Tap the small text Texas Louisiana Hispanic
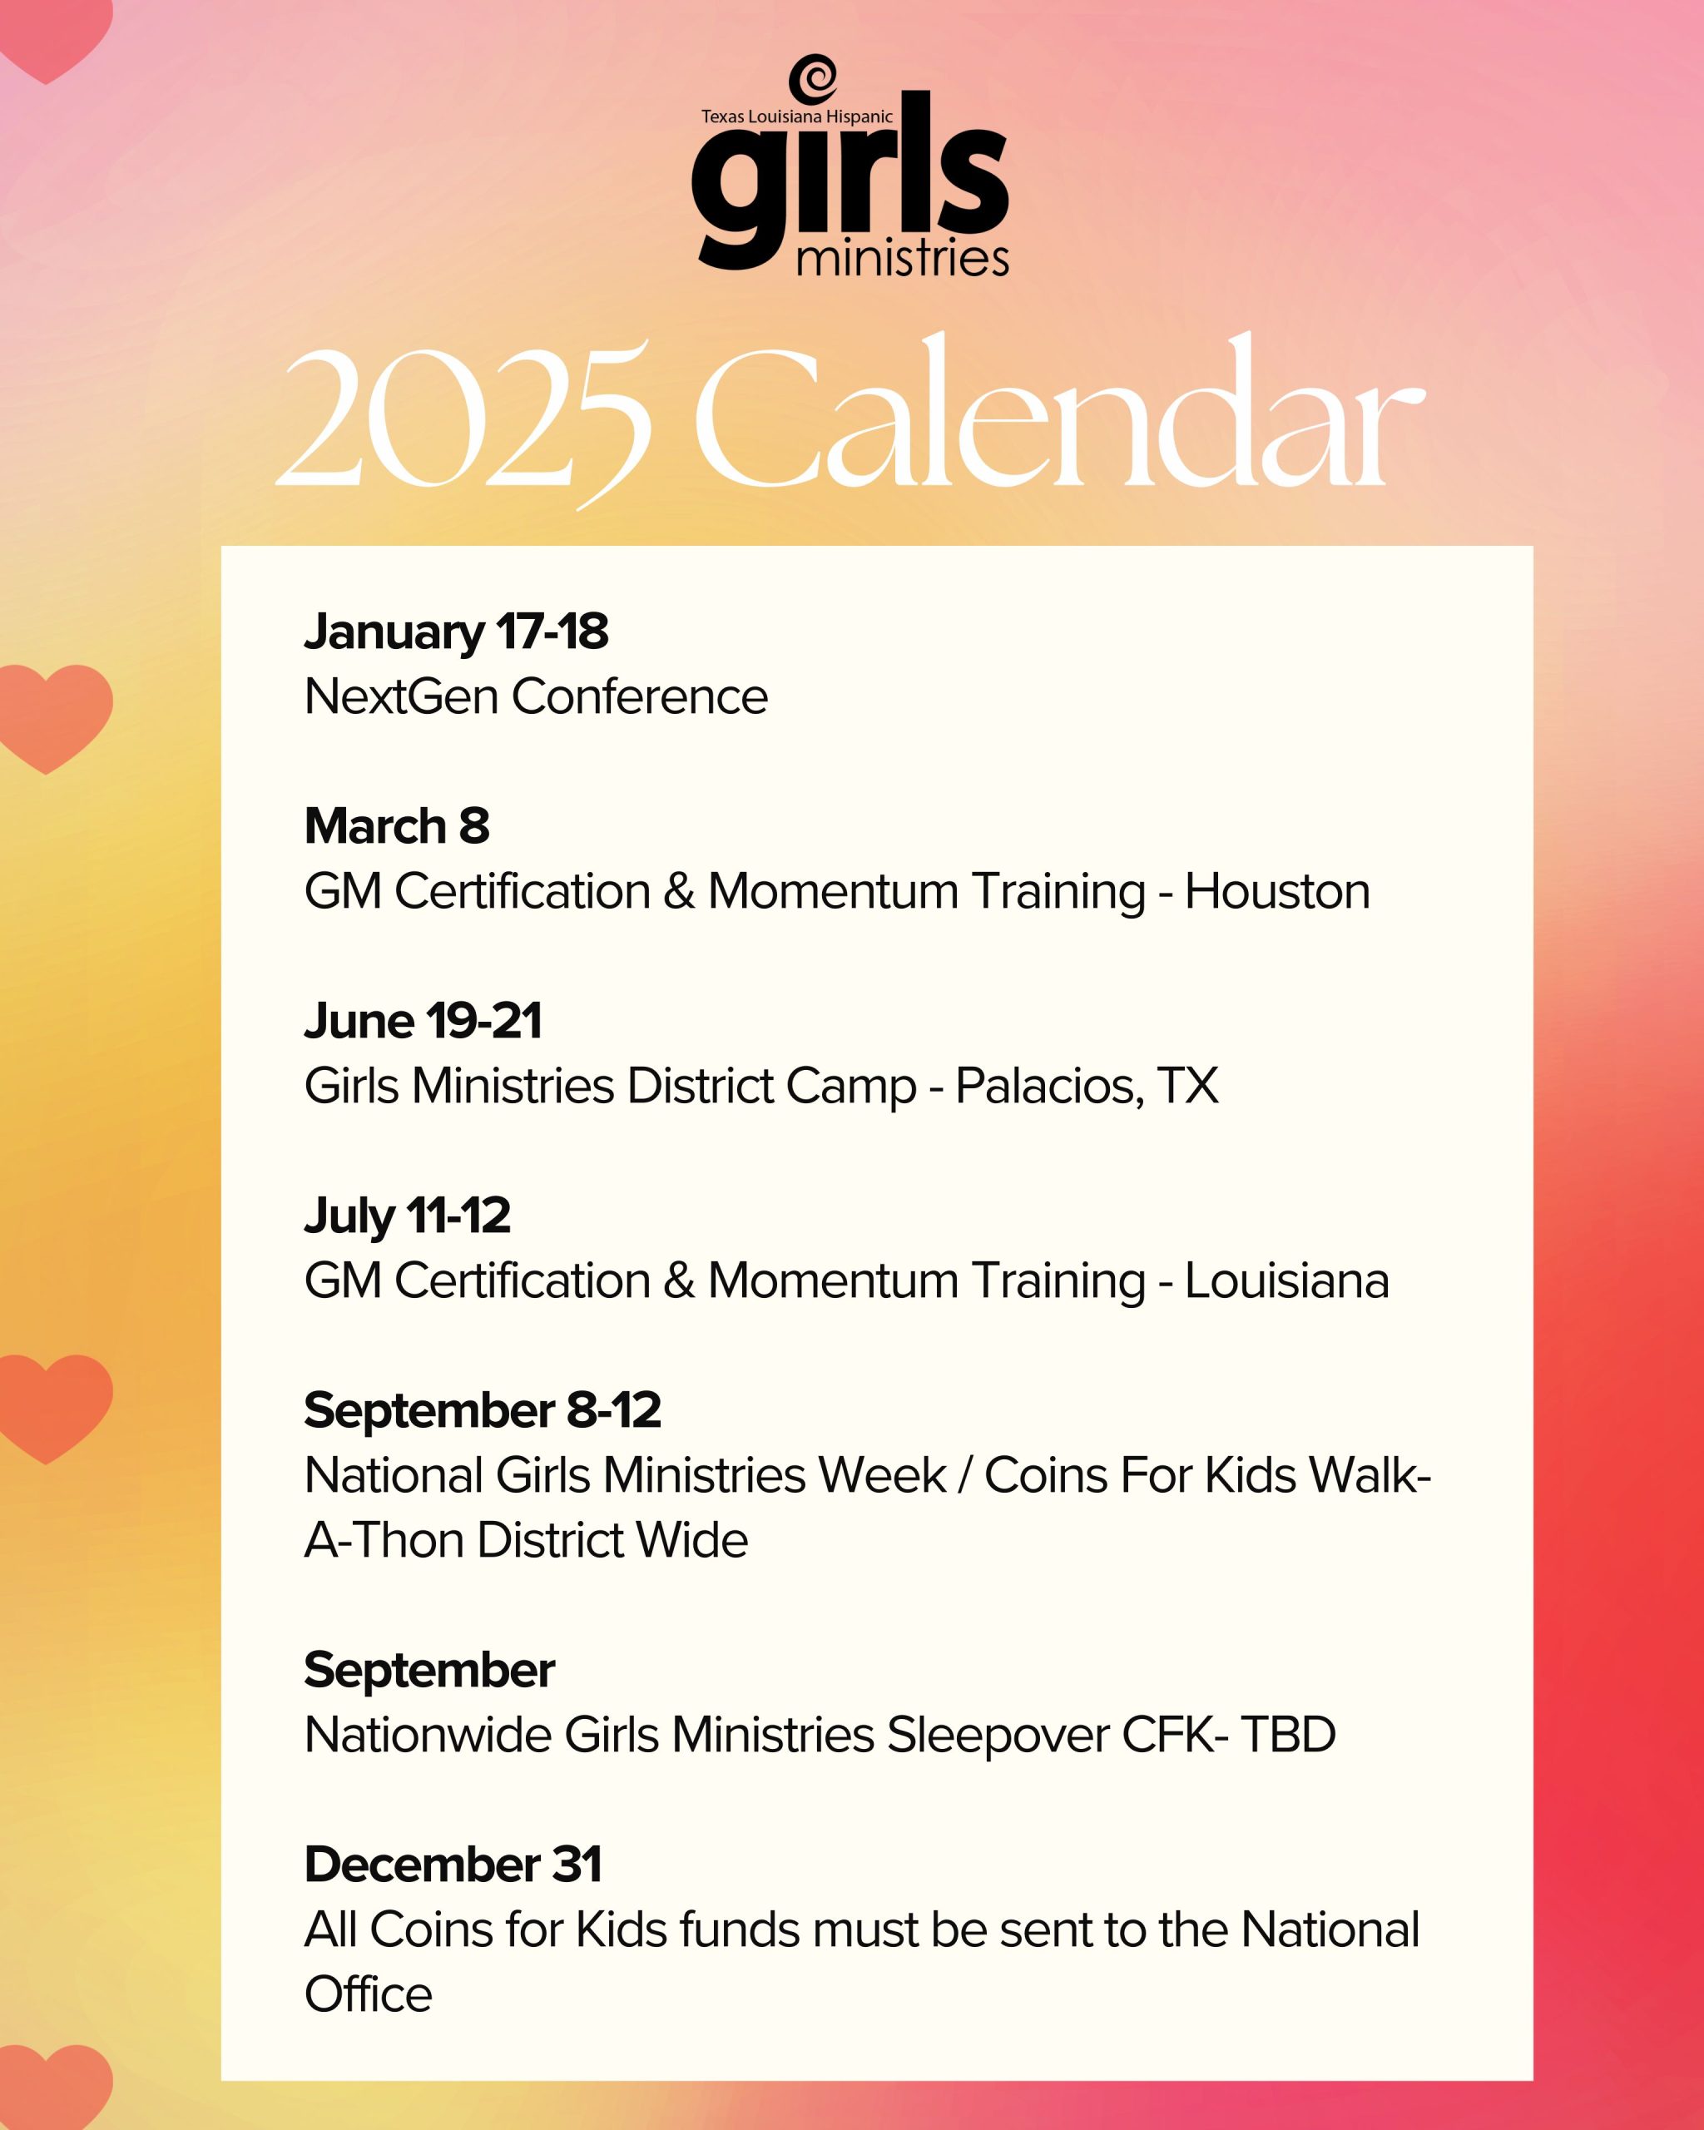(796, 116)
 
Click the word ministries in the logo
(902, 259)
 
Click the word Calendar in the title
(1060, 410)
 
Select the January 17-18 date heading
(457, 633)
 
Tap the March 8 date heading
(397, 826)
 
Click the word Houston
(1277, 891)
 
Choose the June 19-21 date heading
(423, 1021)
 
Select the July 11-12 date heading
(407, 1217)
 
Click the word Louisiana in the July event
(1287, 1280)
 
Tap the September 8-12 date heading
(482, 1411)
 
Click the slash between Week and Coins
(965, 1476)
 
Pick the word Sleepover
(998, 1736)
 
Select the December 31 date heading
(453, 1865)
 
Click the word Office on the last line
(369, 1994)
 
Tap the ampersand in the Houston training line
(679, 891)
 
